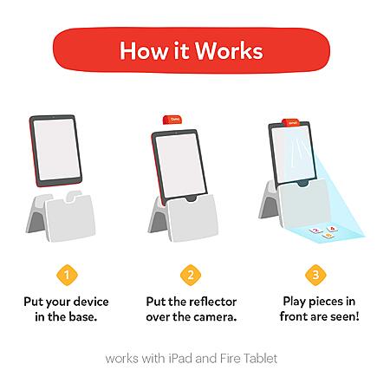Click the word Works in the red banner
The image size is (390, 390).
[x=229, y=50]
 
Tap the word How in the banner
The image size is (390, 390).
[x=144, y=50]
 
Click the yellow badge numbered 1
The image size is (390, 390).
[x=67, y=275]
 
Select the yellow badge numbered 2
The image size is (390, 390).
[x=191, y=275]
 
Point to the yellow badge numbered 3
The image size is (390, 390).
[x=315, y=275]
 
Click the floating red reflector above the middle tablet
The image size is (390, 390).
[x=172, y=120]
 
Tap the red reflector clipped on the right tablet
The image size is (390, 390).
[x=291, y=123]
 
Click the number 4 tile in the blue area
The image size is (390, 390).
[x=332, y=229]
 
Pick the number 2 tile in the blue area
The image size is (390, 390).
[x=315, y=231]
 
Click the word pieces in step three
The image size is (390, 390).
[x=322, y=302]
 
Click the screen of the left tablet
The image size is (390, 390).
[x=56, y=149]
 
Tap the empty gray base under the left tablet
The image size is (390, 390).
[x=62, y=218]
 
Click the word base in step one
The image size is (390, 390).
[x=82, y=317]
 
